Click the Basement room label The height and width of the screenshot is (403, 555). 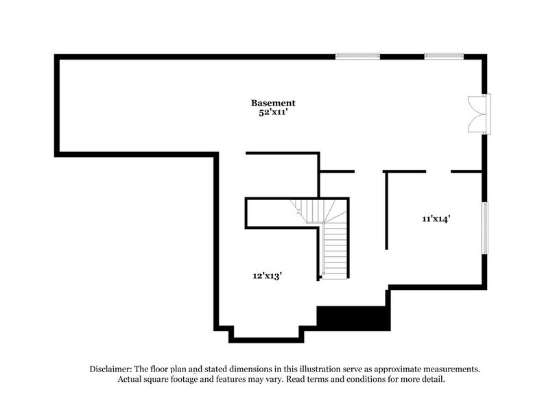coord(273,103)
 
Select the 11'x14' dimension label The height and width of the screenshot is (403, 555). coord(436,219)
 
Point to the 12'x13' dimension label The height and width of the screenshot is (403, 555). coord(268,276)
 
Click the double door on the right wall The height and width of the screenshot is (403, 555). coord(479,113)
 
